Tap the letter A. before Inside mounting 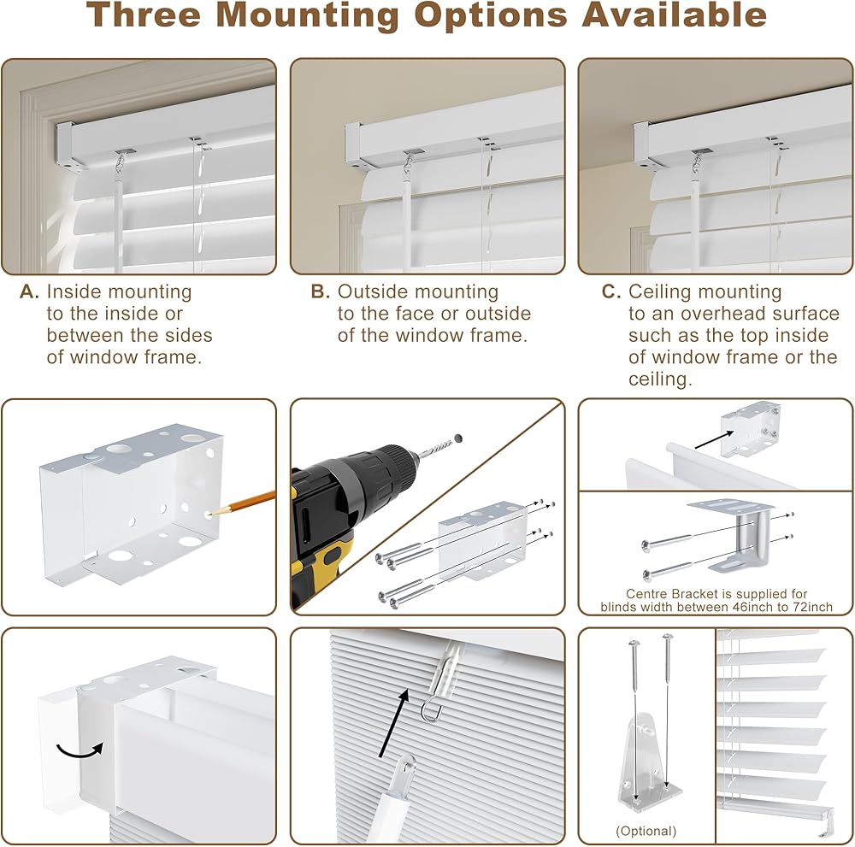(30, 292)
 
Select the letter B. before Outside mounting (320, 292)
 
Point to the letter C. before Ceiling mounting (610, 292)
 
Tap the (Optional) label (646, 831)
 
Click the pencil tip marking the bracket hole (211, 514)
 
